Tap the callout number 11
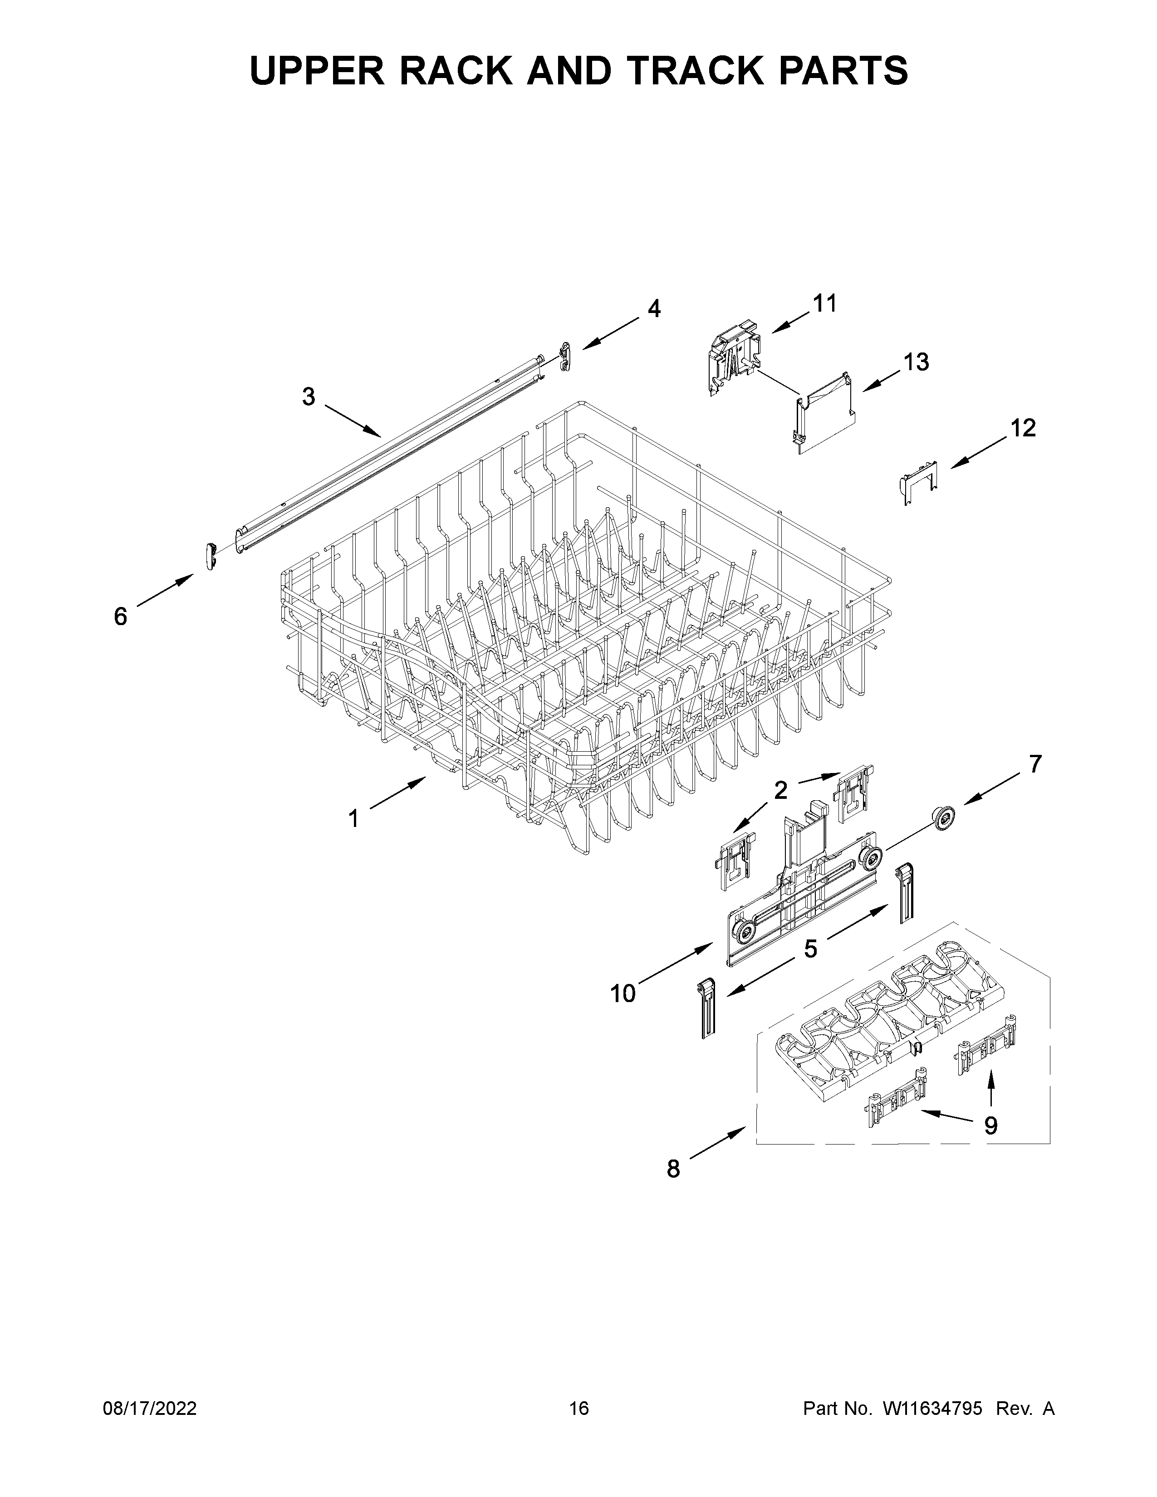tap(824, 303)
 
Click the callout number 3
tap(309, 396)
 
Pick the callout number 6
tap(121, 617)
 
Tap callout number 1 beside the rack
tap(354, 818)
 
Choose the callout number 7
tap(1035, 763)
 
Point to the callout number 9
tap(990, 1125)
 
